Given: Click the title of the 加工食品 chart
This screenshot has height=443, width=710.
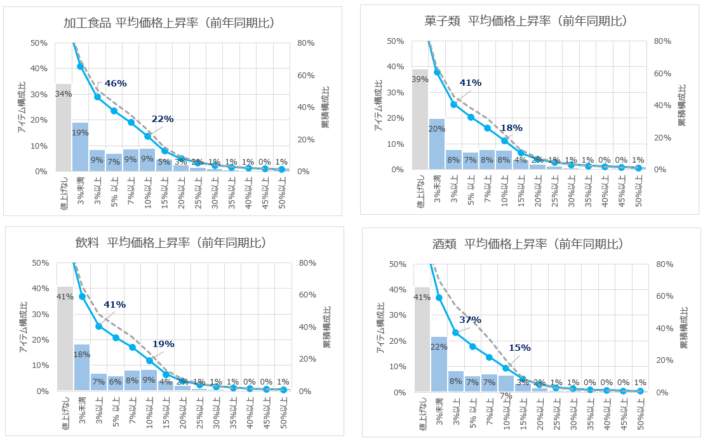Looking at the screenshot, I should [x=169, y=24].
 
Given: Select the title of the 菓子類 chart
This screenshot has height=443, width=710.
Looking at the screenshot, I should [x=526, y=21].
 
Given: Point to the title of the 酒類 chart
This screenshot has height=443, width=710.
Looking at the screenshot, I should [x=526, y=244].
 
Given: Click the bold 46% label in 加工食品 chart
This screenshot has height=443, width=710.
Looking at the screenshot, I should [x=116, y=83].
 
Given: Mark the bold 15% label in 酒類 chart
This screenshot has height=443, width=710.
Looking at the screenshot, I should [x=519, y=348].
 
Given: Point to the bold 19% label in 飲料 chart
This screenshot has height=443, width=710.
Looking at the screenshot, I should [x=163, y=344].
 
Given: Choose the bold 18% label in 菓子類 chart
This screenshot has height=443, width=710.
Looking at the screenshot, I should [x=511, y=127].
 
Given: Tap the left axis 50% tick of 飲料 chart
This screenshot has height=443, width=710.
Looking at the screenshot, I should [x=40, y=262].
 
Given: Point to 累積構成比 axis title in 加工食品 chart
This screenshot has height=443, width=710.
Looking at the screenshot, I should [x=325, y=107].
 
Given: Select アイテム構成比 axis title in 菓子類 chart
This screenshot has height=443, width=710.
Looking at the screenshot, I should [x=378, y=106].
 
